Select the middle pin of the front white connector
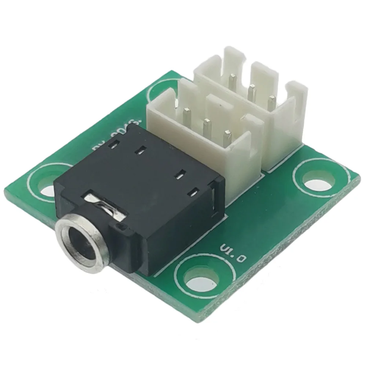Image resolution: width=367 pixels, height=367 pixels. tap(206, 127)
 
